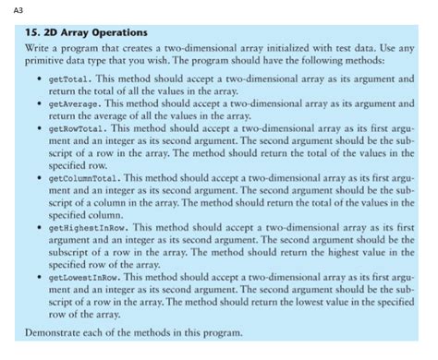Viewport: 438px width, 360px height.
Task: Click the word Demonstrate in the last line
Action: [x=51, y=331]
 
